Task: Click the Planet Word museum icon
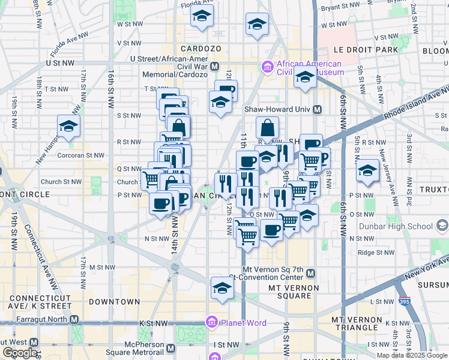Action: click(211, 323)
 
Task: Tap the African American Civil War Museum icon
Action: click(267, 67)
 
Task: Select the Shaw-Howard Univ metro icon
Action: click(318, 110)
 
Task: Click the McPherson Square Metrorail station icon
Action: click(171, 349)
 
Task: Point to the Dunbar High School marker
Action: click(442, 226)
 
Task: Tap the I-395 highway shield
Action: click(405, 301)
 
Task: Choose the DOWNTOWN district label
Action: click(114, 302)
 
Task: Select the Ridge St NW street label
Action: click(375, 253)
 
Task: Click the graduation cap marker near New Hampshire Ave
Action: click(69, 126)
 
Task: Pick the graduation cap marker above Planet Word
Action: click(221, 289)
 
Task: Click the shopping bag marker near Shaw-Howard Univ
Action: click(267, 127)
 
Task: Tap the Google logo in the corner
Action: click(20, 353)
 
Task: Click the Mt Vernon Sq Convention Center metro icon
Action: click(310, 274)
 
